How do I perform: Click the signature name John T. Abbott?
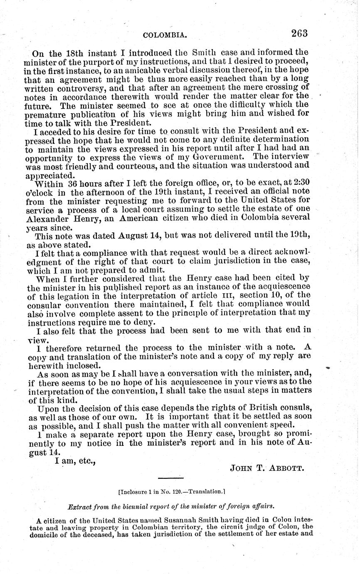(267, 468)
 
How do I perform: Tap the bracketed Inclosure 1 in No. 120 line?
(171, 492)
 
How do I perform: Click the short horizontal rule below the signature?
(171, 478)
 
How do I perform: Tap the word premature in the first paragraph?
(46, 114)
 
